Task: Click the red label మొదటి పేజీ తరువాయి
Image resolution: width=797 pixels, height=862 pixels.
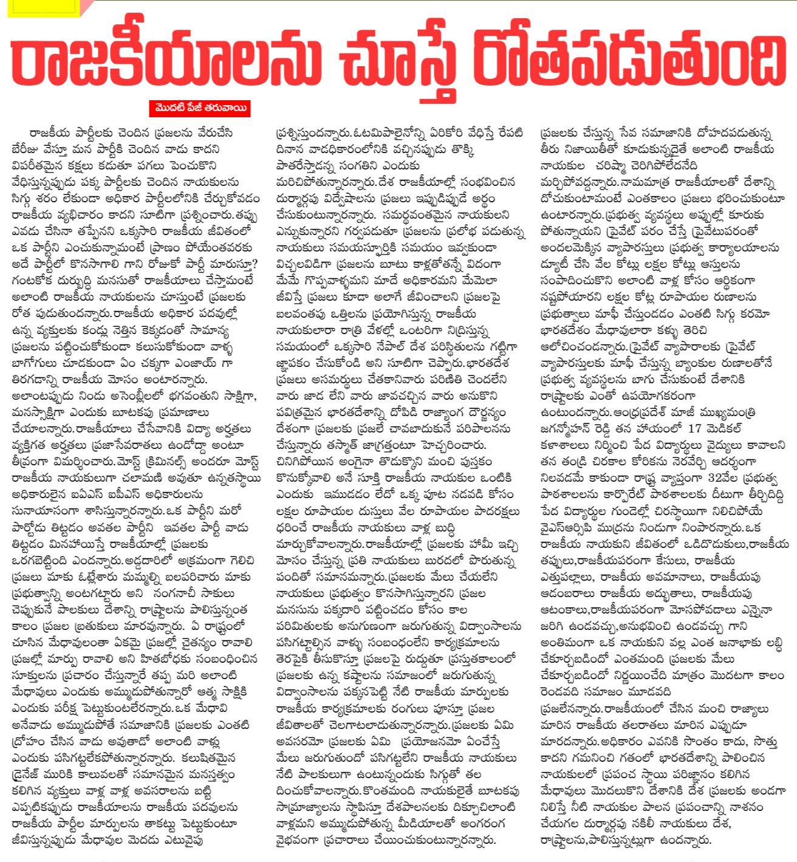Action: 199,109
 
